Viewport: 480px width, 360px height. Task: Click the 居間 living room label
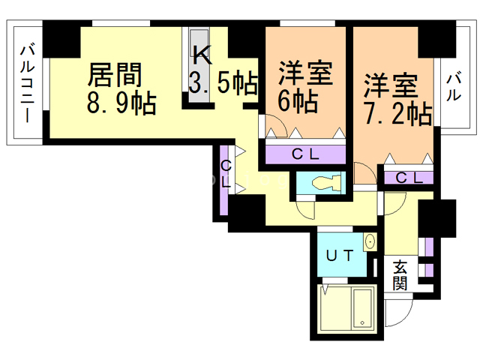pos(115,74)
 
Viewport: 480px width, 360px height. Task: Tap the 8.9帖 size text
pos(121,103)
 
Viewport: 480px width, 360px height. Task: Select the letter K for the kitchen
pos(202,55)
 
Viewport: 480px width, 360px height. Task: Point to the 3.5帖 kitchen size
pos(223,82)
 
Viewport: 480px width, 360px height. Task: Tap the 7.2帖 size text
pos(398,113)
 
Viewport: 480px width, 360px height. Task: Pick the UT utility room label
pos(340,255)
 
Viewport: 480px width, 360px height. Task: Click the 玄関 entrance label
pos(400,275)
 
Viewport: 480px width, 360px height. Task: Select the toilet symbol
pos(326,183)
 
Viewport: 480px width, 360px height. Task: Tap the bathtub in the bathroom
pos(363,308)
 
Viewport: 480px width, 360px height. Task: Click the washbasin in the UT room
pos(370,242)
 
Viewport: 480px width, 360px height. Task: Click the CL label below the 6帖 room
pos(305,154)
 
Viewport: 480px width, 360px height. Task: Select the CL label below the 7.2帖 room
pos(409,178)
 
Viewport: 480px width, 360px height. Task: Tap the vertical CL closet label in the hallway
pos(226,175)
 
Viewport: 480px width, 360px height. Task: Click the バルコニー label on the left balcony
pos(27,83)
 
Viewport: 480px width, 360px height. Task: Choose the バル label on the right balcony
pos(453,86)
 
